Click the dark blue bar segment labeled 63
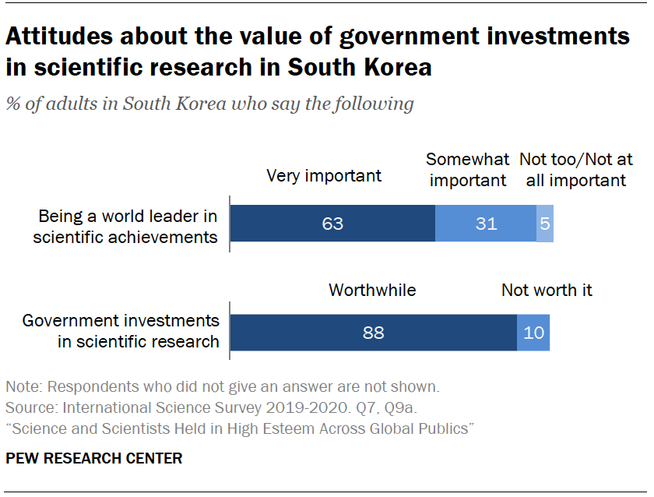point(332,224)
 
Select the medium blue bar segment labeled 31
point(486,224)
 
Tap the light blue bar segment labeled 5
point(545,224)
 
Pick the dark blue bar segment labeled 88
point(374,333)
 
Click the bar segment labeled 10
point(533,333)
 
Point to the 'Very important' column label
point(324,175)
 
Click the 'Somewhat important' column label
point(467,170)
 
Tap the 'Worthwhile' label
point(372,291)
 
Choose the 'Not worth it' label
point(547,291)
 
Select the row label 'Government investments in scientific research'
point(121,330)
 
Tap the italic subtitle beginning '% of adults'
point(209,104)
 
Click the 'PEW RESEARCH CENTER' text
point(94,459)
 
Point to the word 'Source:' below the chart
point(30,407)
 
